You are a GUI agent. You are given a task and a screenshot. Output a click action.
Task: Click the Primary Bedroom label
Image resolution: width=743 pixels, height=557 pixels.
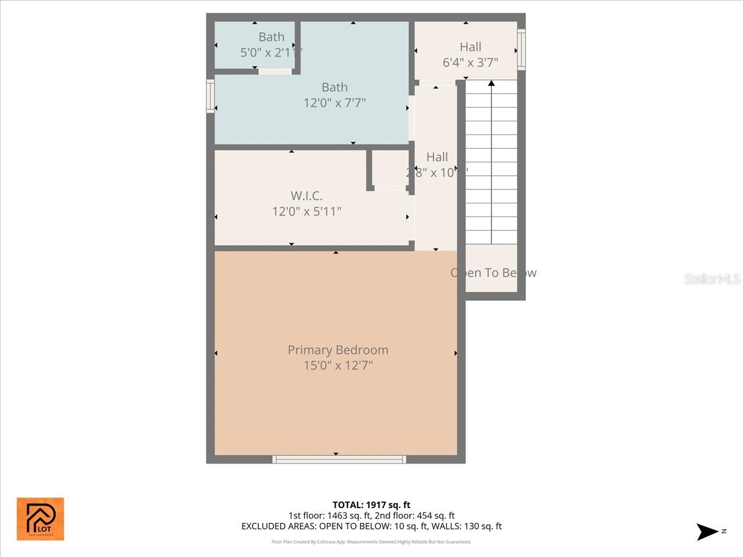(337, 350)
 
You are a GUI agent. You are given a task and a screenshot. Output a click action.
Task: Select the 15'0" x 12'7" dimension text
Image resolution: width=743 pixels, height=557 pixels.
(337, 366)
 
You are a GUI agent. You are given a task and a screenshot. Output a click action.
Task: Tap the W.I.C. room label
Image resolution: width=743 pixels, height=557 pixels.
(306, 196)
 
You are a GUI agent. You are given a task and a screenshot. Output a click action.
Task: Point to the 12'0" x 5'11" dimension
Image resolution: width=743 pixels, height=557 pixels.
(306, 212)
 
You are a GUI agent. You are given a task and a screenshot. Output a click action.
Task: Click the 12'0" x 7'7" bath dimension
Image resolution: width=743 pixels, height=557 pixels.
(334, 103)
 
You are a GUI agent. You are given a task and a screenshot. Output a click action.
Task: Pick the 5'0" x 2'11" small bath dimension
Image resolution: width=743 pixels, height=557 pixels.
(271, 53)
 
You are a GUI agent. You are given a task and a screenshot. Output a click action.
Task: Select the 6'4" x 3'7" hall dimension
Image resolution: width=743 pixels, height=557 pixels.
(471, 62)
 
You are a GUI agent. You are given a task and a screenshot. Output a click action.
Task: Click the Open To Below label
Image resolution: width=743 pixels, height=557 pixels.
(493, 273)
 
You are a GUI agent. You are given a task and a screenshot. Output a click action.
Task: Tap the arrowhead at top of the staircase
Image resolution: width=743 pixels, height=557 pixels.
(492, 83)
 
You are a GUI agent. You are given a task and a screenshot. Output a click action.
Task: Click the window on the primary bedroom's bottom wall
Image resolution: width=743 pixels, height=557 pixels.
(339, 459)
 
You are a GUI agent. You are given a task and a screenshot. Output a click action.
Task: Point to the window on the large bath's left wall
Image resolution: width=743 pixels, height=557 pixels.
(211, 97)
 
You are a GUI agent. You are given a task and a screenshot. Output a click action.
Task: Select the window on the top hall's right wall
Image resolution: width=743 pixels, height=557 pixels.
(521, 50)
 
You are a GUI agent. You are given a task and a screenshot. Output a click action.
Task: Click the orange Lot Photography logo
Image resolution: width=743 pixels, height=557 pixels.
(40, 519)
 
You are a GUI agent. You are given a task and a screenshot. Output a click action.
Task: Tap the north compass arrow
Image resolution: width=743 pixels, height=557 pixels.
(706, 532)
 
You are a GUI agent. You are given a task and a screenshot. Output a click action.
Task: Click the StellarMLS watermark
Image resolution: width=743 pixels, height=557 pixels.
(711, 279)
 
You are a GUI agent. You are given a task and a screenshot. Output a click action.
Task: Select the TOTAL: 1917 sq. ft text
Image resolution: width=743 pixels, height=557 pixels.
(371, 505)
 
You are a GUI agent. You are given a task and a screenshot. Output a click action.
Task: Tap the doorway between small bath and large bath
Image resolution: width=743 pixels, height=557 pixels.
(274, 72)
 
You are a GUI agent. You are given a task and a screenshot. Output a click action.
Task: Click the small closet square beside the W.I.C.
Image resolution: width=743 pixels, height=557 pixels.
(391, 169)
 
